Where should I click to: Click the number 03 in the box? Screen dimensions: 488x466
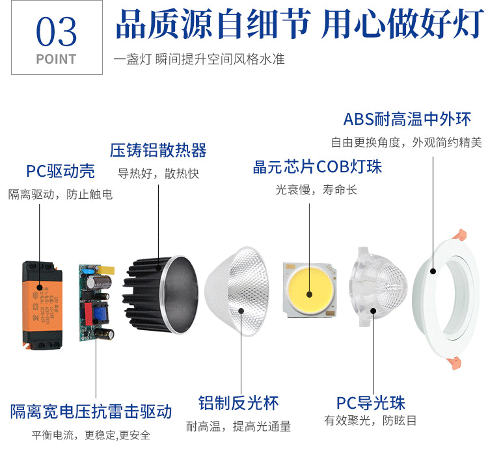click(57, 31)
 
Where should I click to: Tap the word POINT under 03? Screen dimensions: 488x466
click(57, 59)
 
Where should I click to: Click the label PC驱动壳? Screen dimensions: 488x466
click(61, 171)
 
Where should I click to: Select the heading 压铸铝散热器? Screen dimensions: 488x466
click(158, 151)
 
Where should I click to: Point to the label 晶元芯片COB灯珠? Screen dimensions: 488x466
click(317, 167)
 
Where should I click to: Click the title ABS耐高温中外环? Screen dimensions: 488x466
click(407, 120)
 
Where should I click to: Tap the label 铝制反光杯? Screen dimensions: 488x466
click(238, 403)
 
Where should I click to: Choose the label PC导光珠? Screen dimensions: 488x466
click(371, 403)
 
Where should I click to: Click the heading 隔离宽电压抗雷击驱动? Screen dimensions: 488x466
click(91, 411)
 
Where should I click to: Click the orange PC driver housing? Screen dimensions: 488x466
click(42, 305)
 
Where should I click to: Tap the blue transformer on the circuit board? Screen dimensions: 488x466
click(100, 313)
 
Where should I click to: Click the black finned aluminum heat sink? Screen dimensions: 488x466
click(160, 294)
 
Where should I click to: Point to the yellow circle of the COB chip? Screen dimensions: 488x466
click(310, 290)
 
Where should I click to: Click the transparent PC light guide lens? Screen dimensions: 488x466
click(378, 287)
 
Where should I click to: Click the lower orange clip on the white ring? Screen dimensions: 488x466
click(454, 363)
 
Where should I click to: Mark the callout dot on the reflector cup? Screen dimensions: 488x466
click(241, 311)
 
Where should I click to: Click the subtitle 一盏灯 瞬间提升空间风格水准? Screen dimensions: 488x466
click(199, 59)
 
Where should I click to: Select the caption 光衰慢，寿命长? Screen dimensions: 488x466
click(316, 190)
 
